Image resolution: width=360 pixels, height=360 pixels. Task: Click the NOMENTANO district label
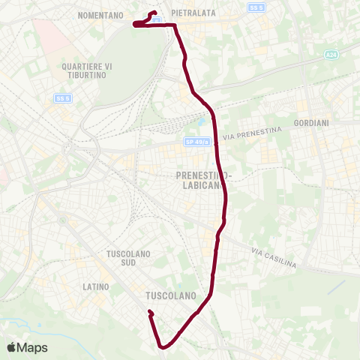coord(100,14)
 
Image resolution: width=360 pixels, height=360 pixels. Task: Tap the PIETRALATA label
coord(194,13)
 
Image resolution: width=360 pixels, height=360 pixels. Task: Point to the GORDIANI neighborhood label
coord(312,122)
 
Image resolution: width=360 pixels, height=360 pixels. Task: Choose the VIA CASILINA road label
coord(274,258)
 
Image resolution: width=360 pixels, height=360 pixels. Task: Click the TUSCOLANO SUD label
coord(129,259)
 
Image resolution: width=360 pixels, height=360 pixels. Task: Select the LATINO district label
coord(97,287)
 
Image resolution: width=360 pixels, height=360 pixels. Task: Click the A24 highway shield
coord(331,55)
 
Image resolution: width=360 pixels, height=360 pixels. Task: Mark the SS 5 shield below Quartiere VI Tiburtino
coord(63,98)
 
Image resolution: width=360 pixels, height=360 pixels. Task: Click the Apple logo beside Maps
coord(11,347)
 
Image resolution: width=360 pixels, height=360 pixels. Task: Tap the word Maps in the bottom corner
coord(32,347)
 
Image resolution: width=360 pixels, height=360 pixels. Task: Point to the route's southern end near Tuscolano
coord(150,312)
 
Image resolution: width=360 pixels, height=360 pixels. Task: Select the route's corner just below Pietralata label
coord(175,25)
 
